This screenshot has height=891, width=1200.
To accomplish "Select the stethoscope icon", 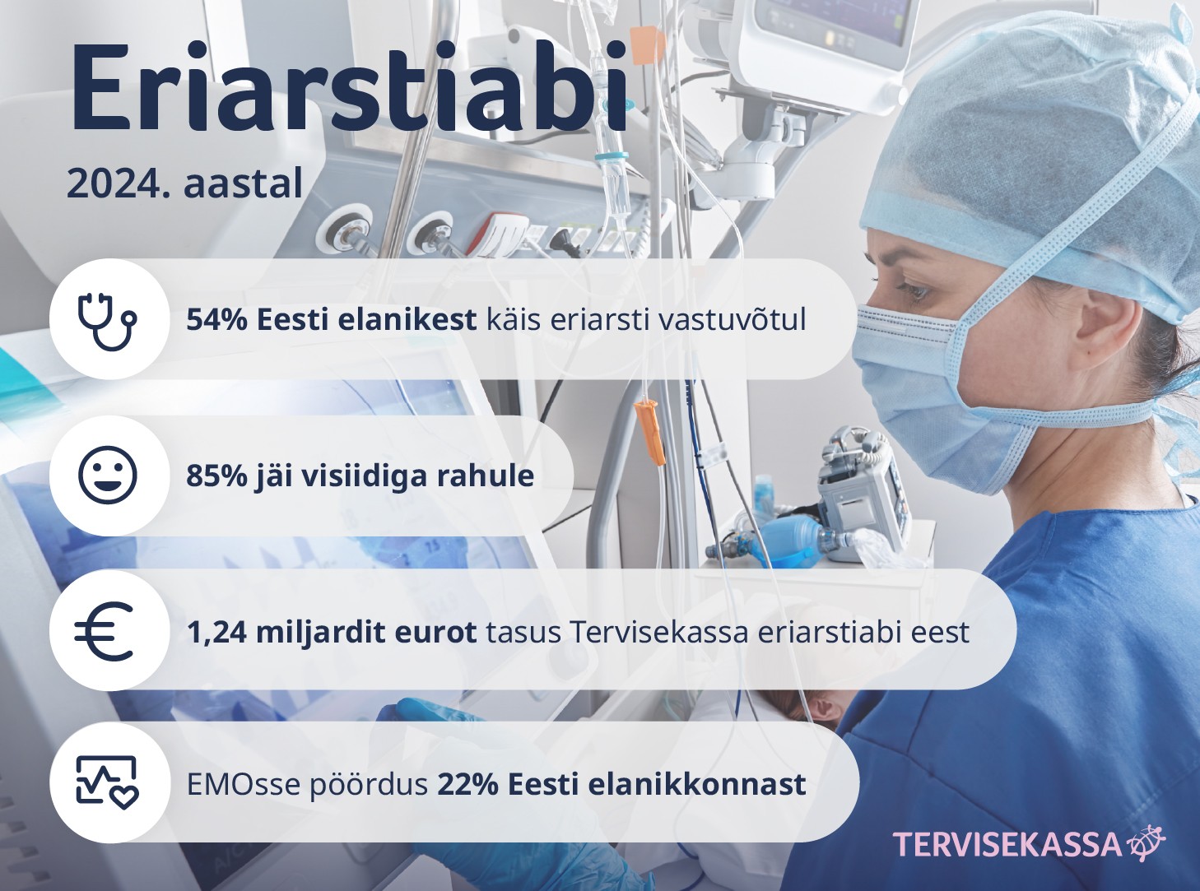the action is click(x=108, y=320).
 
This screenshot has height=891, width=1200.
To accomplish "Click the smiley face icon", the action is click(x=108, y=476).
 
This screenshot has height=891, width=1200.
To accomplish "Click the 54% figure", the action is click(x=217, y=320).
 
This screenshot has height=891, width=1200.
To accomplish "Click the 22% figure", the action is click(x=468, y=784).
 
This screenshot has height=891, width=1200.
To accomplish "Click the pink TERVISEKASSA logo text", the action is click(x=1007, y=844).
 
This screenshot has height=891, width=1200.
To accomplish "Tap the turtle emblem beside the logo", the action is click(x=1146, y=842).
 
